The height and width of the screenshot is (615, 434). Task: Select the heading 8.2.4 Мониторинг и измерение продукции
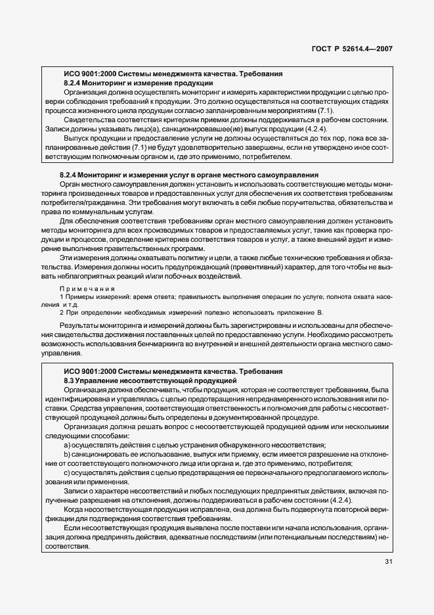[138, 83]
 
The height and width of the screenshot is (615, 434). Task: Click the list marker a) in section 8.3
[68, 445]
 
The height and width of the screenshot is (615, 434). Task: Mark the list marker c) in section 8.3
[68, 472]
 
